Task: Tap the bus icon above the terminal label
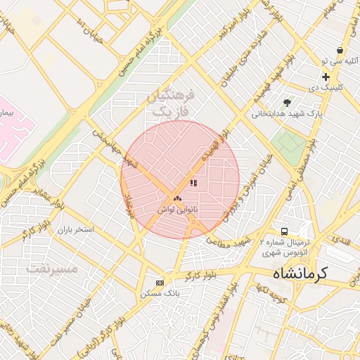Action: pyautogui.click(x=284, y=231)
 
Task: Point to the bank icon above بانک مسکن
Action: pyautogui.click(x=160, y=283)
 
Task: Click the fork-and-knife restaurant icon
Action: pyautogui.click(x=193, y=183)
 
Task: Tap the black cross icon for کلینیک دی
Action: pyautogui.click(x=326, y=77)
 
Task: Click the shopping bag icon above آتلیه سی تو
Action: pyautogui.click(x=340, y=51)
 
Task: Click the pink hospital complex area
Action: pyautogui.click(x=14, y=127)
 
